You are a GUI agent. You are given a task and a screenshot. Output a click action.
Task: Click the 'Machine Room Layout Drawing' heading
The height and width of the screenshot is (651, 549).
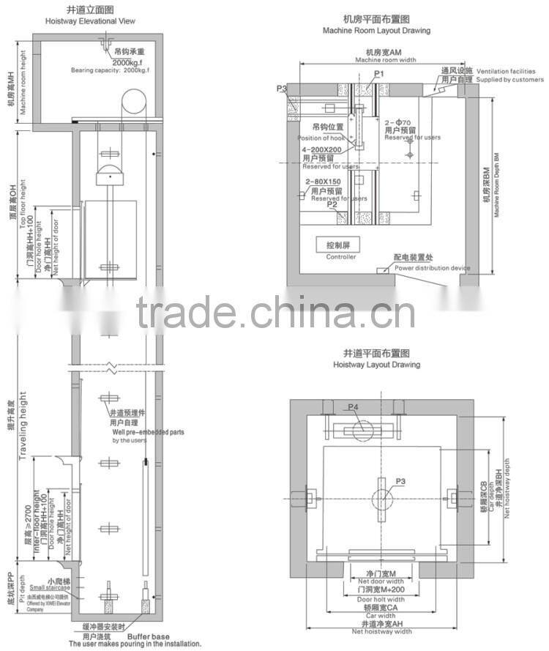point(376,31)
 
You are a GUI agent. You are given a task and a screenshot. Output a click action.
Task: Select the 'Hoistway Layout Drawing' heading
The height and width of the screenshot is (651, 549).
point(376,364)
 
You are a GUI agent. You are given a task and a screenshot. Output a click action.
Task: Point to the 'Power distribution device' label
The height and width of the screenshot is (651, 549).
point(433,269)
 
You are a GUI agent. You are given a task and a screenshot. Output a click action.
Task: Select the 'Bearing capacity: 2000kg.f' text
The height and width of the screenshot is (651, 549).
point(110,70)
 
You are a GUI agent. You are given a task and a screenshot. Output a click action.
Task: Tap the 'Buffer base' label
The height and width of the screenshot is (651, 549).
point(153,637)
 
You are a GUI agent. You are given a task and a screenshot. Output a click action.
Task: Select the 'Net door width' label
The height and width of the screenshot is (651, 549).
point(373,581)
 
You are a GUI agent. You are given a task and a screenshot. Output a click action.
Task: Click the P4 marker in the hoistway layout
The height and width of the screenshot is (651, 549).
point(353,407)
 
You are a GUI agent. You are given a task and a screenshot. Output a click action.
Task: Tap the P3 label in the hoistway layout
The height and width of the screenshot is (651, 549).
point(400,482)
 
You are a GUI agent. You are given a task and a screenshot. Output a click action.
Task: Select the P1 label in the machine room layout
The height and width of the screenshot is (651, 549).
point(378,74)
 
